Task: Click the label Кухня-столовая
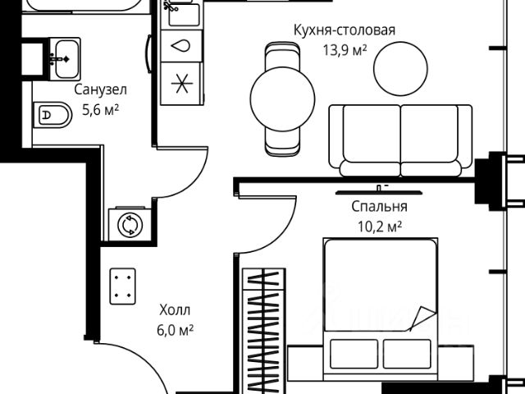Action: point(345,30)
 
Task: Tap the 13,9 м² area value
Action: point(345,49)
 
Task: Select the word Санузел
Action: point(100,89)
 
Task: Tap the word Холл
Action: point(174,310)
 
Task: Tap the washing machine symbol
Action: point(128,225)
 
